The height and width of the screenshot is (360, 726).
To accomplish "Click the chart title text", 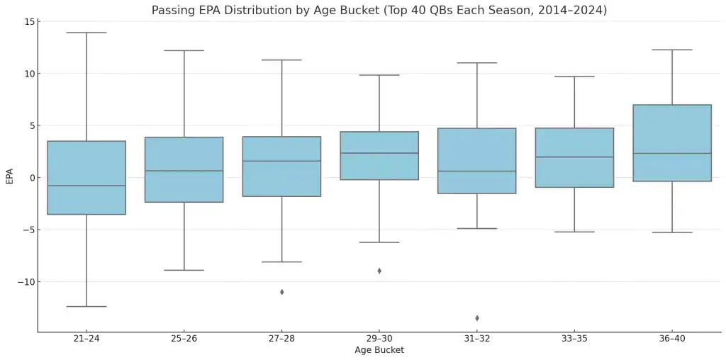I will pyautogui.click(x=379, y=11).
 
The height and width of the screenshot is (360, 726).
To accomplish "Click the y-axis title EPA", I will pyautogui.click(x=9, y=176).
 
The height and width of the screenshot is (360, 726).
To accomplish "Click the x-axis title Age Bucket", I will pyautogui.click(x=379, y=350).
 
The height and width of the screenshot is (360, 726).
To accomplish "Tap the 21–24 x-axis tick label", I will pyautogui.click(x=86, y=339).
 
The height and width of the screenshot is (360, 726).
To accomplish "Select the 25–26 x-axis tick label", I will pyautogui.click(x=184, y=339).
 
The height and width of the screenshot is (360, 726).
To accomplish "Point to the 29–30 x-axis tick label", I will pyautogui.click(x=379, y=339).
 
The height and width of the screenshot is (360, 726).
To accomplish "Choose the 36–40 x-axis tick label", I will pyautogui.click(x=672, y=339).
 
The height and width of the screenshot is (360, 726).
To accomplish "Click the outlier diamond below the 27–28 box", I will pyautogui.click(x=282, y=292).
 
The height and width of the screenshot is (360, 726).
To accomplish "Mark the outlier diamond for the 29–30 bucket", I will pyautogui.click(x=379, y=271).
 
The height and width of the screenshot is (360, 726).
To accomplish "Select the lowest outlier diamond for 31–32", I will pyautogui.click(x=477, y=318).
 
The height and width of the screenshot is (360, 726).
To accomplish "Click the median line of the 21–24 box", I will pyautogui.click(x=86, y=186).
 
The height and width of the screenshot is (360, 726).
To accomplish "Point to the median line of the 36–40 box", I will pyautogui.click(x=672, y=154).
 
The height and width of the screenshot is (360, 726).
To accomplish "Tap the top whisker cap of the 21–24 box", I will pyautogui.click(x=86, y=33).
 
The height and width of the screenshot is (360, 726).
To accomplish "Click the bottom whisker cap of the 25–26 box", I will pyautogui.click(x=184, y=270).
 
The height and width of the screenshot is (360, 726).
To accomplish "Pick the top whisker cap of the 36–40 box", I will pyautogui.click(x=672, y=50).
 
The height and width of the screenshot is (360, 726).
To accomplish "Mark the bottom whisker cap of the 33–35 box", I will pyautogui.click(x=574, y=232).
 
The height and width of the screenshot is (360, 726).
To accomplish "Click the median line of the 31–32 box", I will pyautogui.click(x=477, y=171).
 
